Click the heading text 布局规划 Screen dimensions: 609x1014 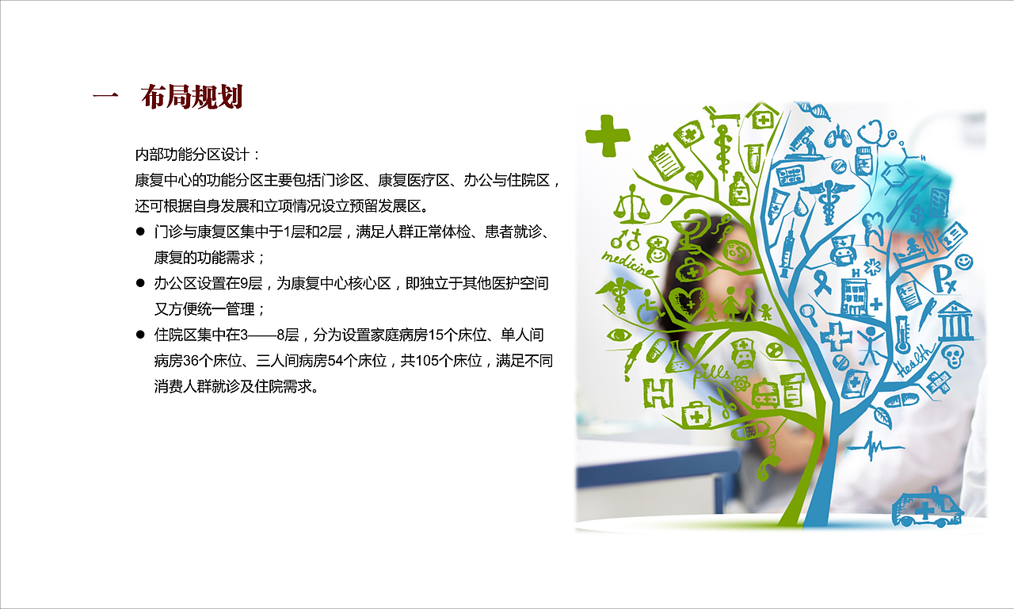click(191, 97)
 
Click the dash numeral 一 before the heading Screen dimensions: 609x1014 click(105, 97)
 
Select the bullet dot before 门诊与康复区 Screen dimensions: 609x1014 click(140, 232)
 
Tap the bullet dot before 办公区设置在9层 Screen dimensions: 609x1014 click(140, 282)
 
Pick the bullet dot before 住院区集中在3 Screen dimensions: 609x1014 click(140, 335)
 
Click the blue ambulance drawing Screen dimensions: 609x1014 click(927, 507)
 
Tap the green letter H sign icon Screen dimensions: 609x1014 click(657, 393)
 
